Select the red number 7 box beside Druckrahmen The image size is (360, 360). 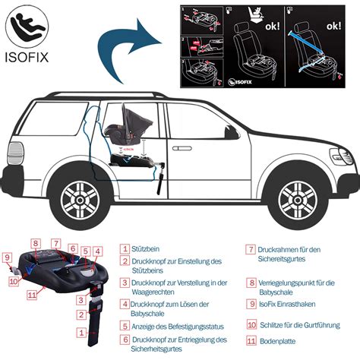(250, 248)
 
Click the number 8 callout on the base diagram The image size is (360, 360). (36, 243)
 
